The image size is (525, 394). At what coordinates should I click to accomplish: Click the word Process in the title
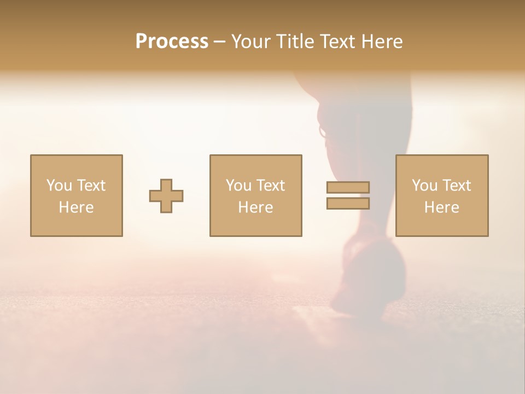(172, 41)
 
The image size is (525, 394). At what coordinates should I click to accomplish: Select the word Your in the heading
(251, 41)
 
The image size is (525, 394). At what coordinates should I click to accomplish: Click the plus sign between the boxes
(166, 196)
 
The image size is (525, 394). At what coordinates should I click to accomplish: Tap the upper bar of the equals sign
(348, 187)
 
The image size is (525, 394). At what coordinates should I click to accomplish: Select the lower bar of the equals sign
(348, 203)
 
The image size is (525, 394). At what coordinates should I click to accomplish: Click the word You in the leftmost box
(59, 186)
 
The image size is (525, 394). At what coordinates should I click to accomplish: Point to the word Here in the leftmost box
(76, 207)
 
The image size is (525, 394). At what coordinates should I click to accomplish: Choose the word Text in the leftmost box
(90, 186)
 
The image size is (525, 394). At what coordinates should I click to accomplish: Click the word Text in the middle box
(270, 186)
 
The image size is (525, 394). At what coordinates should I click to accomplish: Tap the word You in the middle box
(238, 186)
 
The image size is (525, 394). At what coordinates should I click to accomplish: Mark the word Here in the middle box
(255, 207)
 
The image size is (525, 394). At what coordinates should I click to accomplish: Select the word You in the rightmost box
(424, 186)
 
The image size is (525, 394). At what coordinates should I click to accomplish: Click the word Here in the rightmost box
(441, 207)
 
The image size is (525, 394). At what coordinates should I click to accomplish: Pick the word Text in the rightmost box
(456, 186)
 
